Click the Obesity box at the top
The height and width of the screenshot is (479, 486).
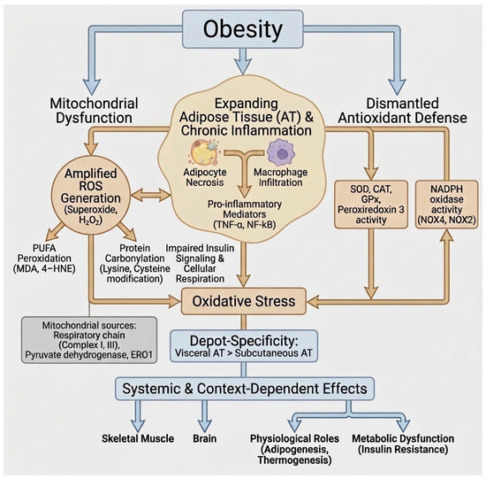tap(242, 29)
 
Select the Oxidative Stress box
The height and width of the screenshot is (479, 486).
tap(244, 301)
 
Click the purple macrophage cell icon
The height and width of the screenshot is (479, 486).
tap(281, 153)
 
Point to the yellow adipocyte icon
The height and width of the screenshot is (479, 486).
tap(203, 152)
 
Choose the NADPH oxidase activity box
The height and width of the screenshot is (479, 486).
tap(446, 205)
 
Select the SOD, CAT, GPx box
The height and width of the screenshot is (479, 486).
tap(371, 205)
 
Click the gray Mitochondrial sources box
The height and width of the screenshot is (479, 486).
tap(89, 340)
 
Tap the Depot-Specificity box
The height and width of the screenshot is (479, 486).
tap(244, 346)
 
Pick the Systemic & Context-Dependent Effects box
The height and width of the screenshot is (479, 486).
tap(245, 389)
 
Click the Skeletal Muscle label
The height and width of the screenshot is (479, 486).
tap(138, 438)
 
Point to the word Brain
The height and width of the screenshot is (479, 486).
tap(205, 438)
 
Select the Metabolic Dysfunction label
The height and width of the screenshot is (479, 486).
tap(403, 444)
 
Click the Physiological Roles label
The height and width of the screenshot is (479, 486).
tap(294, 449)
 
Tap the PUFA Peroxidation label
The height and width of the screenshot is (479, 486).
tap(44, 259)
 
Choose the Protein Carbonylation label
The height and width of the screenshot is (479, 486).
tap(135, 264)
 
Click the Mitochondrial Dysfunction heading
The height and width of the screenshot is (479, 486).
tap(94, 111)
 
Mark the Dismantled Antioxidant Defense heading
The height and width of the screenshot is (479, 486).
tap(403, 111)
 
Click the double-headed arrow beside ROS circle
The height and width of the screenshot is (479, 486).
tap(150, 196)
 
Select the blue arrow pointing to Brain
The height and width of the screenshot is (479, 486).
tap(205, 415)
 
